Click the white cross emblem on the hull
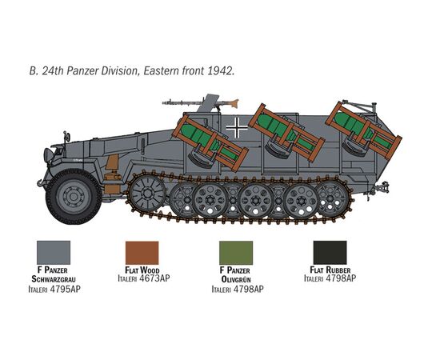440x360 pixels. pos(237,128)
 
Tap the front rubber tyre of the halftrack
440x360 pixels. pos(74,197)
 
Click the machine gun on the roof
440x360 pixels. pos(200,102)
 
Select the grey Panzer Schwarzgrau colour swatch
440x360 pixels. pos(54,252)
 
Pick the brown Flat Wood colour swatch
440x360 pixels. pos(142,253)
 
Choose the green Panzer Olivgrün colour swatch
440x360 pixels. pos(236,253)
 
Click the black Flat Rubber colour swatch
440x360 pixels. pos(330,252)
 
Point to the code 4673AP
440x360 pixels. pos(154,278)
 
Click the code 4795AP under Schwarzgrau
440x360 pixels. pos(65,289)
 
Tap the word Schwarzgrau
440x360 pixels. pos(54,279)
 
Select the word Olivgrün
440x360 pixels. pos(236,279)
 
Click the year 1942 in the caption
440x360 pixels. pos(221,70)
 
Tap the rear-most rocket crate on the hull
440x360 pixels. pos(364,130)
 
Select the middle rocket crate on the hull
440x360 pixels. pos(286,132)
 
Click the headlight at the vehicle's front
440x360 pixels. pos(48,155)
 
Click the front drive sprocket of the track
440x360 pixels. pos(147,193)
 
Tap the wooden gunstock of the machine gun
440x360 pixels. pos(234,103)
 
